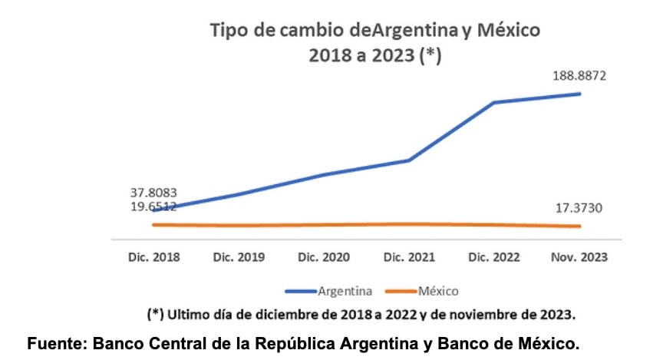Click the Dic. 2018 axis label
[x=153, y=257]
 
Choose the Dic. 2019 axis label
[x=239, y=257]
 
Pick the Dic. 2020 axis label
[x=324, y=257]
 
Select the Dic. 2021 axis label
[x=409, y=257]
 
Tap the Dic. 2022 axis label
[x=494, y=257]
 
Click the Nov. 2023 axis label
[x=579, y=257]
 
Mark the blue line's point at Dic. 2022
[x=494, y=102]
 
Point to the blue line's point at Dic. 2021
[x=409, y=160]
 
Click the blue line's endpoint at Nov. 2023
[x=580, y=94]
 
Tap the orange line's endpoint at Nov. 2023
[x=580, y=226]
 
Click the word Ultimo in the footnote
[x=190, y=315]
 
